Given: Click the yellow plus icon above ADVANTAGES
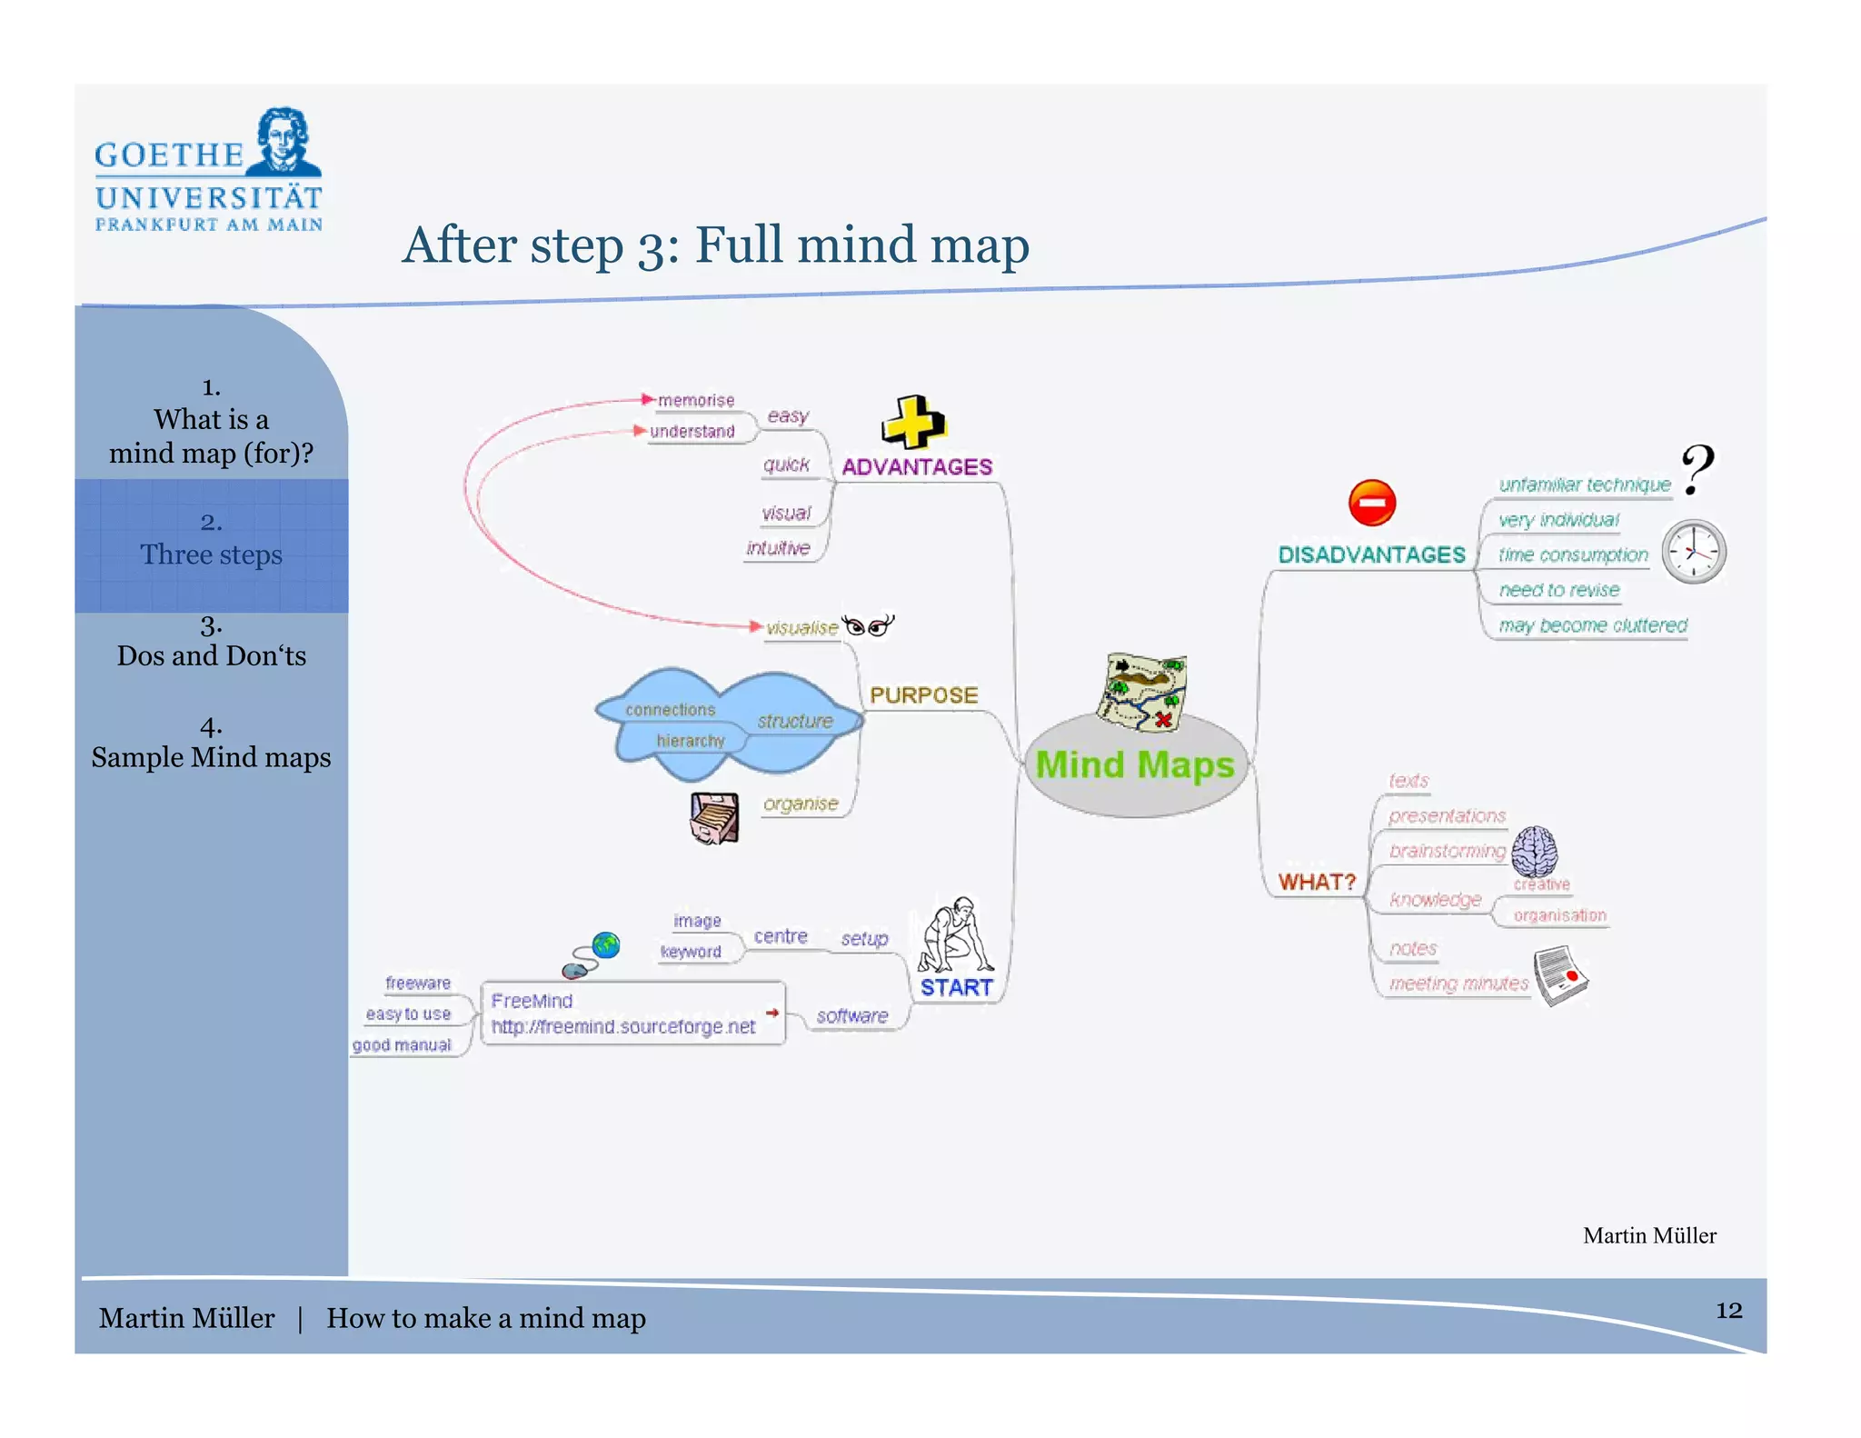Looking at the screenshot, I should pos(913,423).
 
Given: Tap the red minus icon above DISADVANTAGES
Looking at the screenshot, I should pos(1371,503).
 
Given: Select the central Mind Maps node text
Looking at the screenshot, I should pos(1135,764).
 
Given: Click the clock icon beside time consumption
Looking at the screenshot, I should pos(1694,552).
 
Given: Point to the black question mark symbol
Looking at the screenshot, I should pos(1697,469).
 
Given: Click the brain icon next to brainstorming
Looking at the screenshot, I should pos(1535,852).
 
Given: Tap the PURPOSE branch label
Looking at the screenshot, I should pos(923,695).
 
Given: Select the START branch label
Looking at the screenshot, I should pos(956,987).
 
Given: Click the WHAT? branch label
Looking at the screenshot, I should pos(1317,882).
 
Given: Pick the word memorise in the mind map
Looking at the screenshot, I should pos(696,400).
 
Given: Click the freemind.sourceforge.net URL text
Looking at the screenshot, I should pos(623,1026).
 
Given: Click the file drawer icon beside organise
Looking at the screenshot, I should pos(714,817).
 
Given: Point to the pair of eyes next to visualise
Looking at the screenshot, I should pos(868,625).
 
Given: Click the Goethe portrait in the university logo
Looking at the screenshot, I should pos(284,141).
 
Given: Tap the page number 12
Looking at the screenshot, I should pos(1728,1310).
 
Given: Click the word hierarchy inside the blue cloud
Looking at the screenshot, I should pos(691,741).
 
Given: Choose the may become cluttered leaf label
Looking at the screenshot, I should pos(1592,625).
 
